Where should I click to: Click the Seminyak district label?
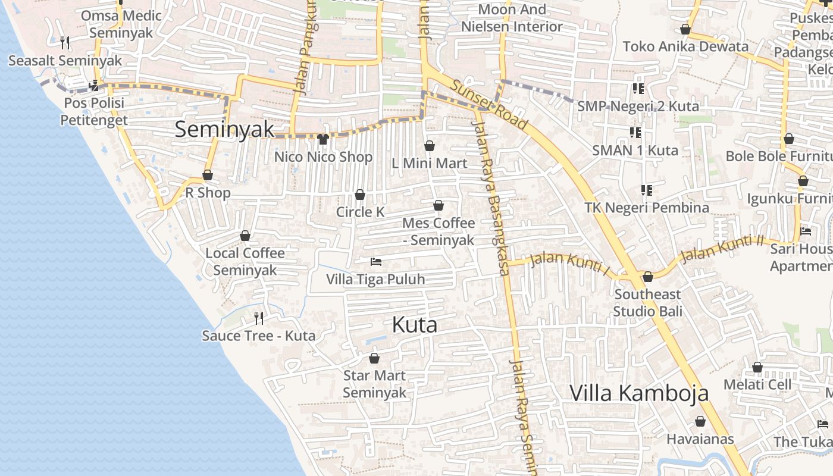coord(224,130)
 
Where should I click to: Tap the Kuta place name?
coord(415,325)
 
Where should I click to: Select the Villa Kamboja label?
coord(640,393)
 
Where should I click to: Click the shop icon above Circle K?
coord(360,195)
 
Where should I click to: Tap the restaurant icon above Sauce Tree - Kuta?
coord(259,318)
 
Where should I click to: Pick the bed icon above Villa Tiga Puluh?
coord(375,261)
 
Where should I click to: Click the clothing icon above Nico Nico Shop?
coord(323,139)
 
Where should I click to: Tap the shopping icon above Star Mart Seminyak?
coord(374,358)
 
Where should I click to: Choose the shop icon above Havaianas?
coord(700,421)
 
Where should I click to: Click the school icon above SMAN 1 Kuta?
coord(635,132)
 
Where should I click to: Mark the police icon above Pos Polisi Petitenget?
coord(93,86)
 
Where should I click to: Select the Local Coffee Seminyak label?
coord(245,262)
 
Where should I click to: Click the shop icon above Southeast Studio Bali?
coord(648,277)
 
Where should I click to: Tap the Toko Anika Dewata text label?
coord(685,46)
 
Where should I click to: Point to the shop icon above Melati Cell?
coord(757,367)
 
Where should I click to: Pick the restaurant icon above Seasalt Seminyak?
coord(65,42)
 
